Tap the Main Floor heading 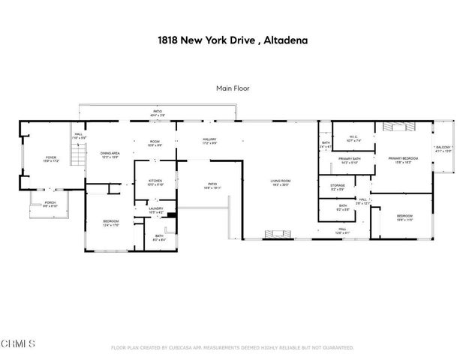pos(233,88)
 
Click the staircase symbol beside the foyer pos(75,157)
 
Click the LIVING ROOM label pos(281,181)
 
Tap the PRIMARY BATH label pos(350,159)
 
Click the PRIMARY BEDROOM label pos(403,159)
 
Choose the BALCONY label pos(444,148)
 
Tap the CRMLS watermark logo pos(18,345)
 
